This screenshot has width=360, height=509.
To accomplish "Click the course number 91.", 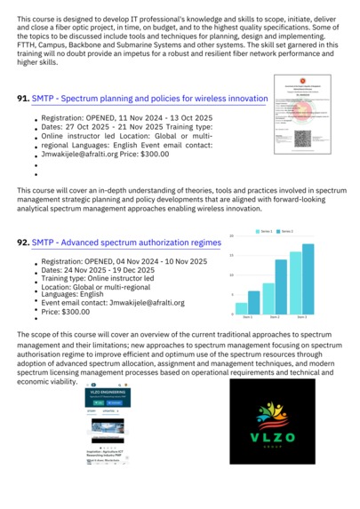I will [x=23, y=99].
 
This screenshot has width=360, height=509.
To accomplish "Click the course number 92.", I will [x=23, y=242].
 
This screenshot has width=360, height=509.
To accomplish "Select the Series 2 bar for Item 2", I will [x=281, y=288].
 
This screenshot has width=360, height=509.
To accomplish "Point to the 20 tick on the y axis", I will [x=231, y=235].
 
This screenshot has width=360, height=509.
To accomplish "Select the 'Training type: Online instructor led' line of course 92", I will [x=98, y=278].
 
